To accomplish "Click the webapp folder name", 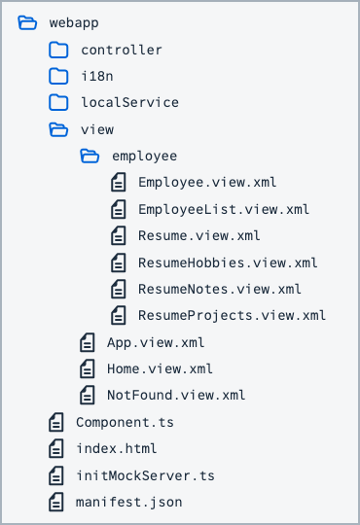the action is pyautogui.click(x=74, y=23).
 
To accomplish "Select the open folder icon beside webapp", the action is pyautogui.click(x=27, y=22).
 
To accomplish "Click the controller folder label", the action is pyautogui.click(x=122, y=50).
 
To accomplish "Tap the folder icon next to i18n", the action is pyautogui.click(x=58, y=76).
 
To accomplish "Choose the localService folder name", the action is pyautogui.click(x=130, y=102).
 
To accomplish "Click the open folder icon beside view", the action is pyautogui.click(x=58, y=129).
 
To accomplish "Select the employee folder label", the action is pyautogui.click(x=144, y=157).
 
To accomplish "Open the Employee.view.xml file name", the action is pyautogui.click(x=207, y=183).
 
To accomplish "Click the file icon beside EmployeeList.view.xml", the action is pyautogui.click(x=119, y=209).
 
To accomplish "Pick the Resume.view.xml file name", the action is pyautogui.click(x=199, y=235).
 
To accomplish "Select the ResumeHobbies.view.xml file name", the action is pyautogui.click(x=228, y=262).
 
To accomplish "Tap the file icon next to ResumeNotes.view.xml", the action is pyautogui.click(x=119, y=289).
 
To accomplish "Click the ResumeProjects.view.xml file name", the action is pyautogui.click(x=232, y=315).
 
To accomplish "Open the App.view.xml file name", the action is pyautogui.click(x=156, y=343).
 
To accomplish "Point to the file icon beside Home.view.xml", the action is pyautogui.click(x=88, y=368).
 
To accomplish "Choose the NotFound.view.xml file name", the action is pyautogui.click(x=176, y=395).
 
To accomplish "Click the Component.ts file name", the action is pyautogui.click(x=126, y=423).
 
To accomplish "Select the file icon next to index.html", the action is pyautogui.click(x=56, y=448).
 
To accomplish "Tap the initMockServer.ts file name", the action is pyautogui.click(x=146, y=475).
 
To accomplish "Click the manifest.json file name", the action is pyautogui.click(x=129, y=503).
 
